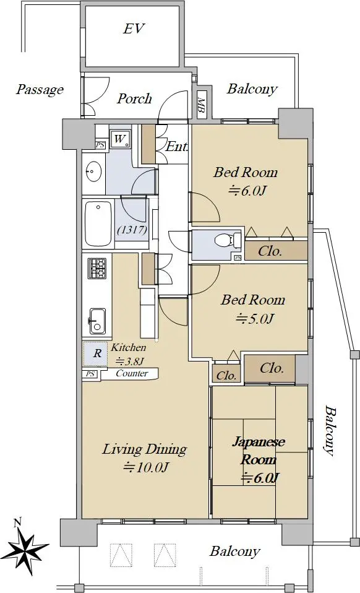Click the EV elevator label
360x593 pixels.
click(x=134, y=28)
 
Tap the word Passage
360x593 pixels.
click(x=40, y=90)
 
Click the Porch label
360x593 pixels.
click(x=134, y=98)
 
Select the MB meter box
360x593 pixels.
click(x=201, y=104)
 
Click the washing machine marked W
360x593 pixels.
click(x=121, y=139)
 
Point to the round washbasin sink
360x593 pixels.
click(x=93, y=173)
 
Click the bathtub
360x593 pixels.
click(x=99, y=223)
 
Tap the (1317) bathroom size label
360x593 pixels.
click(x=132, y=230)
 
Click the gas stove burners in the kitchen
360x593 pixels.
click(x=97, y=268)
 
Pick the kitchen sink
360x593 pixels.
click(x=98, y=321)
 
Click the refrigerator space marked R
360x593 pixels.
click(x=98, y=353)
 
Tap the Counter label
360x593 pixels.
click(x=132, y=373)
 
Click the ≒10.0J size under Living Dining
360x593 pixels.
click(x=145, y=468)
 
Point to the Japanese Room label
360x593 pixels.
click(x=259, y=451)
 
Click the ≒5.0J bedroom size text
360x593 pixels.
click(x=255, y=319)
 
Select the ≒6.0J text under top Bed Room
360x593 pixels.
click(x=247, y=191)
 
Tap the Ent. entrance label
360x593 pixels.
click(x=176, y=147)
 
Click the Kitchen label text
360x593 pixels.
click(x=129, y=347)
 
